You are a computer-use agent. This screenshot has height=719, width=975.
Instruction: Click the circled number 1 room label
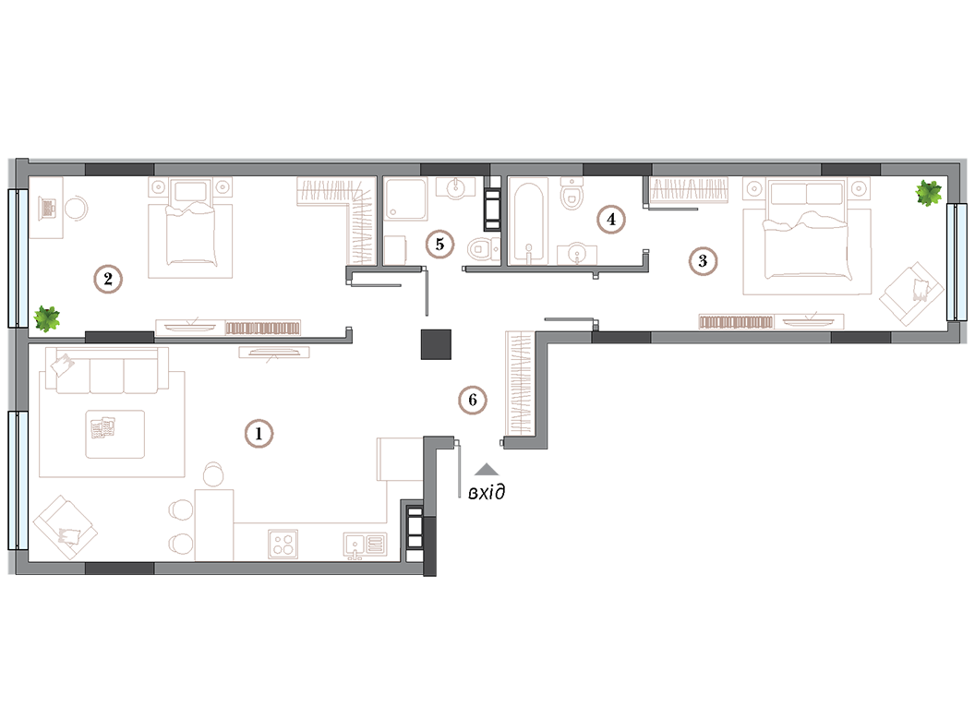tap(259, 433)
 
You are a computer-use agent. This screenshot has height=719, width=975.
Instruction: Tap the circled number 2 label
tap(108, 279)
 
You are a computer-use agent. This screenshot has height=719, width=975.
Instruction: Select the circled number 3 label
tap(703, 260)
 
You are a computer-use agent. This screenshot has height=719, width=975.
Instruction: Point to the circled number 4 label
tap(611, 220)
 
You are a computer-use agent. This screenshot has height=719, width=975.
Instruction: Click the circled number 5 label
tap(439, 245)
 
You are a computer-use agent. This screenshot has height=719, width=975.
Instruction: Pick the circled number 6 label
tap(473, 400)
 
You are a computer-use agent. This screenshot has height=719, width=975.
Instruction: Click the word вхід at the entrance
tap(487, 493)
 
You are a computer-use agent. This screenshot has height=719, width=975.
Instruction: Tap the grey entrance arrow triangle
tap(487, 469)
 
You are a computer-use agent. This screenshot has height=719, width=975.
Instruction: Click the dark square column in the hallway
tap(436, 344)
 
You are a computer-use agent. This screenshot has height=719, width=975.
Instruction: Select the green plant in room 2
tap(47, 318)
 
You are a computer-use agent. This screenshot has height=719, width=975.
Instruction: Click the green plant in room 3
tap(928, 193)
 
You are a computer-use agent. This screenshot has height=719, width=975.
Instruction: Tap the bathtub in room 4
tap(529, 222)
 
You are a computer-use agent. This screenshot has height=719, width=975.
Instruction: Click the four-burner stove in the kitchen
tap(283, 544)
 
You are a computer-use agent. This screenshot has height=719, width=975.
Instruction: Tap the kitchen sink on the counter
tap(365, 545)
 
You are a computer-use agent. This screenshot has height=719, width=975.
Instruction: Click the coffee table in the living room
tap(115, 434)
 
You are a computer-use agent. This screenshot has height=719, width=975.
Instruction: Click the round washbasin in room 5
tap(456, 187)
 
